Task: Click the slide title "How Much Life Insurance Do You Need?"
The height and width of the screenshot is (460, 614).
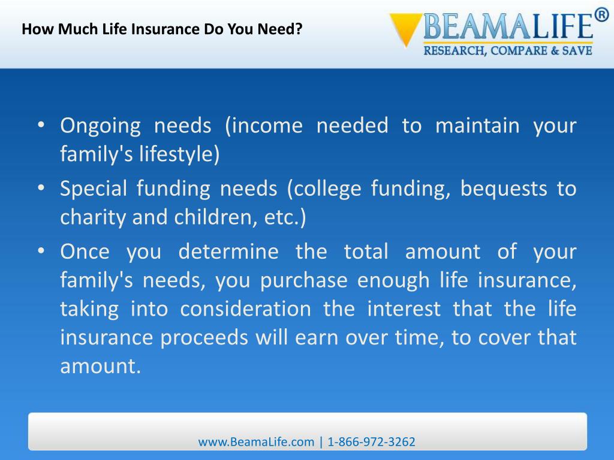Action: click(161, 29)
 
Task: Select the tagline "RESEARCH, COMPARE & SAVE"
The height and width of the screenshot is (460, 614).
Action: click(508, 52)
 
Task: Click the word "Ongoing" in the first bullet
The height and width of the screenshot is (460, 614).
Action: click(100, 126)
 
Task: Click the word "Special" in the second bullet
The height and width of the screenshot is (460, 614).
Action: click(93, 189)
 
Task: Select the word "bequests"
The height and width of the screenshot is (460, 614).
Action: click(503, 189)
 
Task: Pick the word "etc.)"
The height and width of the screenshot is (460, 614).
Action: click(285, 217)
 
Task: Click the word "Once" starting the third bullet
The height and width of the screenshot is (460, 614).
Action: click(85, 251)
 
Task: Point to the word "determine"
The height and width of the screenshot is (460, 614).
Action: click(228, 251)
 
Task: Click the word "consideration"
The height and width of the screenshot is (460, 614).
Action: click(246, 308)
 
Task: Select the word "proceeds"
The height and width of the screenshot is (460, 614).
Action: click(204, 337)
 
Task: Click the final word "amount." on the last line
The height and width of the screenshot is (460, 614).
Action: click(100, 366)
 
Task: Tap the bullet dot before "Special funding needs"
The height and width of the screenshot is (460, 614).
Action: click(41, 189)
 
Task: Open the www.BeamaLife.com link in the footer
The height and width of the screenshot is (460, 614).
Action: click(256, 442)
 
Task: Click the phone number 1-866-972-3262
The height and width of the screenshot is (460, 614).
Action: click(372, 442)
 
